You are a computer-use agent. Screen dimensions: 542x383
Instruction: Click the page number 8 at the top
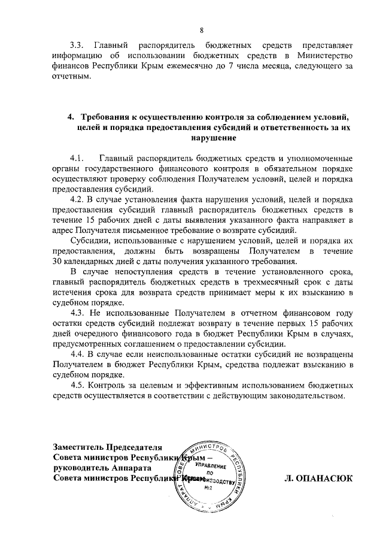tap(202, 30)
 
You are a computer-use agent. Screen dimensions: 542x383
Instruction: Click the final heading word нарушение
tap(212, 138)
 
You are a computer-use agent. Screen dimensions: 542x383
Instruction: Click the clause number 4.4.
tap(77, 354)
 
